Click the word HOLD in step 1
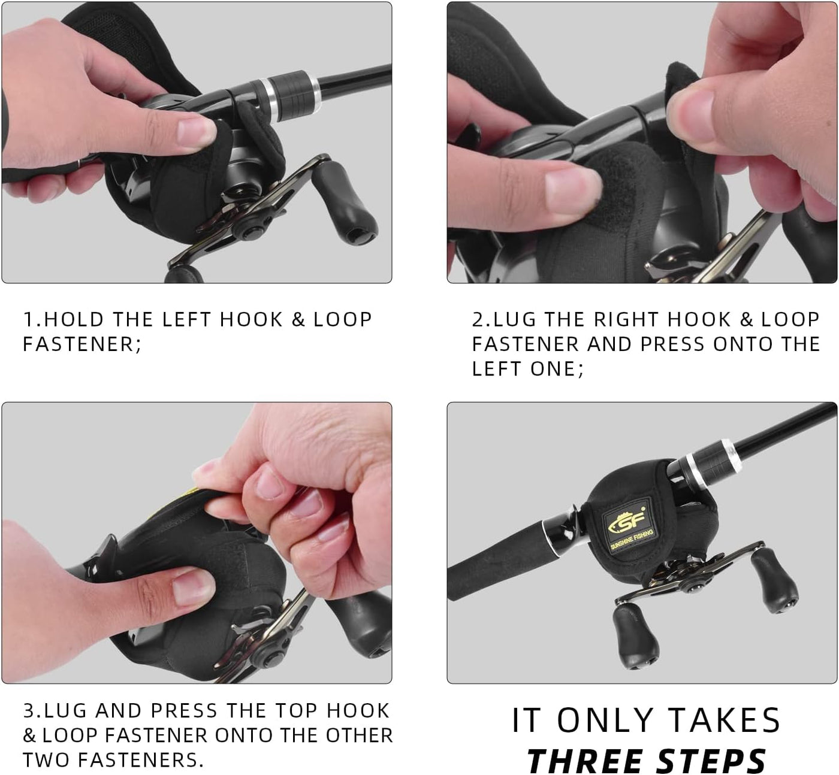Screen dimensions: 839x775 tap(74, 319)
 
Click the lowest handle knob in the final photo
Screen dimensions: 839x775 tap(636, 638)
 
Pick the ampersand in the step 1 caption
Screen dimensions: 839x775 tap(298, 320)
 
